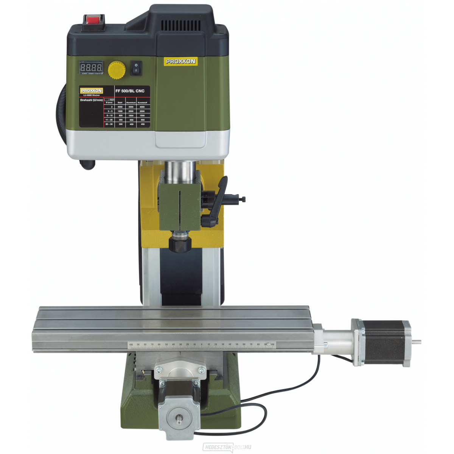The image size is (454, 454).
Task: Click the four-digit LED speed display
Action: [91, 68]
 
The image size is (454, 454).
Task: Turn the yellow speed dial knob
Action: [117, 70]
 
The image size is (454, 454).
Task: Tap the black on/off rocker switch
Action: [136, 68]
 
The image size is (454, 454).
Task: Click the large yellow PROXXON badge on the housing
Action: [180, 61]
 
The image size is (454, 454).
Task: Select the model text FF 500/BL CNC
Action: [130, 91]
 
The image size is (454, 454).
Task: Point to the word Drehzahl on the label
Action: [87, 100]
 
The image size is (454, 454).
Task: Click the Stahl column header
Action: [120, 103]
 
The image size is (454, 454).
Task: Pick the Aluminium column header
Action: [131, 103]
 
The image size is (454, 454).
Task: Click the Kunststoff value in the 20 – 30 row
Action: [143, 124]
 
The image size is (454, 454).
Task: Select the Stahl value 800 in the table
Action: [120, 115]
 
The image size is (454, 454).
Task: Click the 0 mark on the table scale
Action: [201, 345]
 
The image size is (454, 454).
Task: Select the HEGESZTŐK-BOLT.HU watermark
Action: [227, 447]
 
